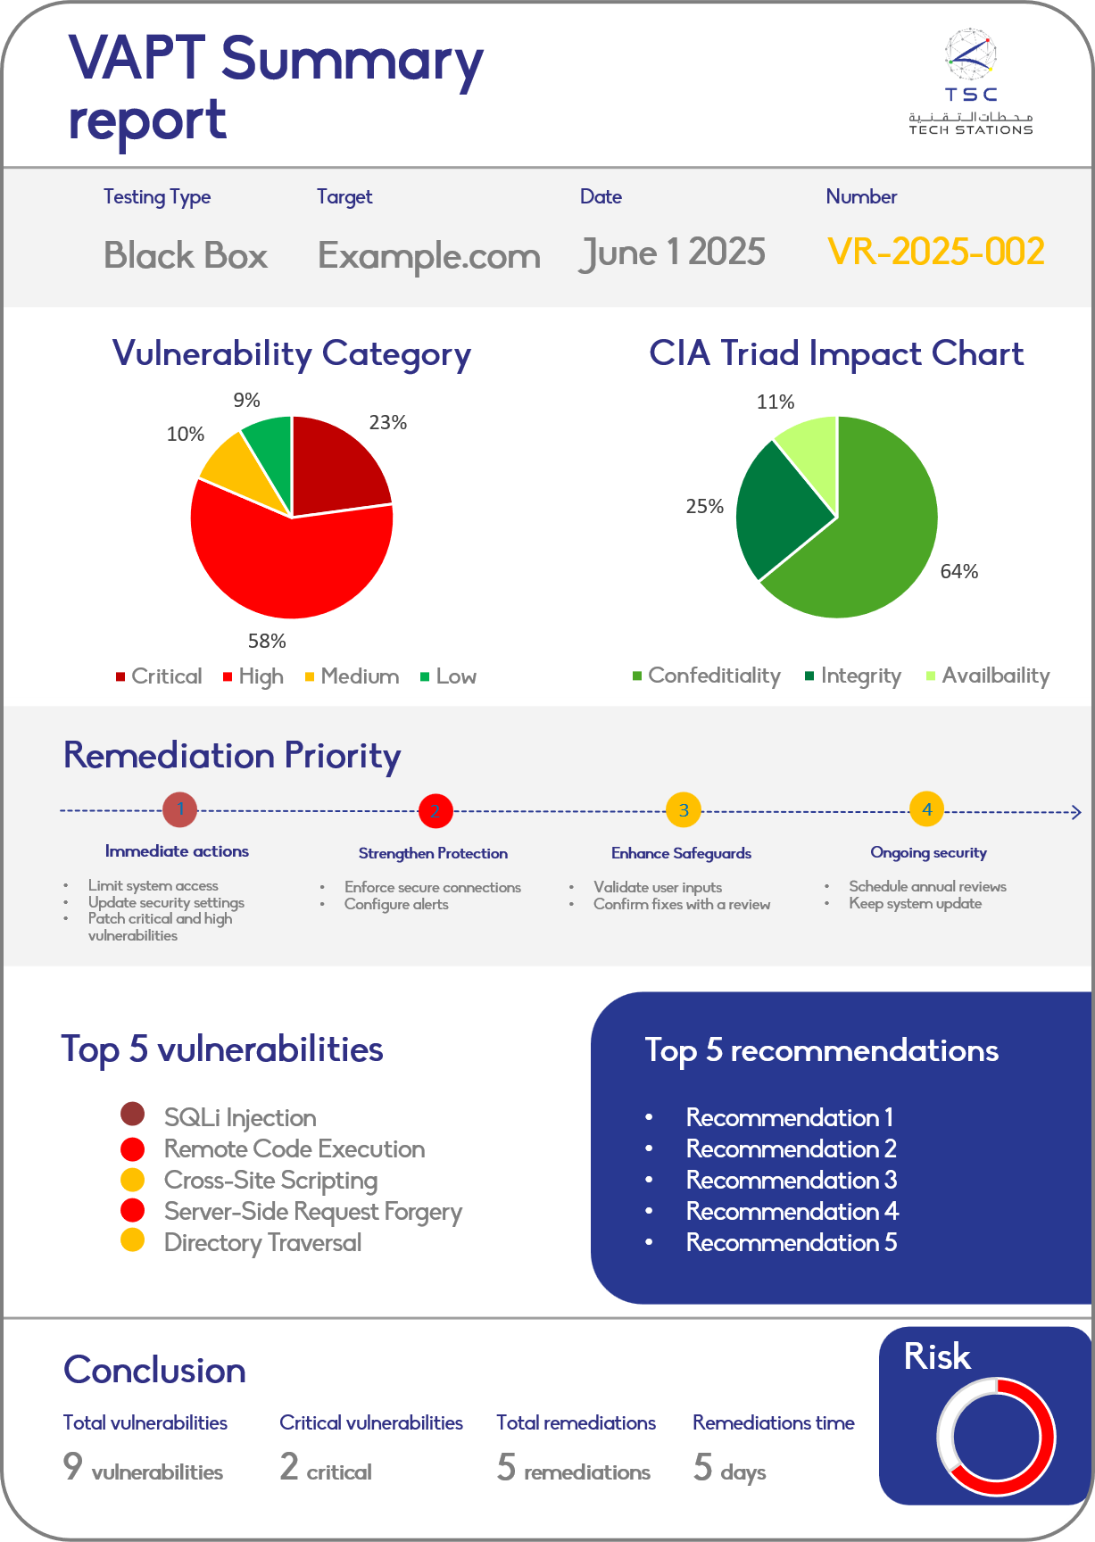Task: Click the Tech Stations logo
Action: tap(970, 82)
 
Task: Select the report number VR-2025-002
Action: tap(935, 253)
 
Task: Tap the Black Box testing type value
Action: tap(186, 256)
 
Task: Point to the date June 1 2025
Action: tap(672, 253)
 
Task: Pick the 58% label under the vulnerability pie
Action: tap(267, 641)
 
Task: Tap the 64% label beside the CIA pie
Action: tap(959, 571)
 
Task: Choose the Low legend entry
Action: tap(449, 676)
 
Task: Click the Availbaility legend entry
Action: tap(989, 676)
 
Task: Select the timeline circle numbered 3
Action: tap(684, 810)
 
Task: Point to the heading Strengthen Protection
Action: tap(433, 853)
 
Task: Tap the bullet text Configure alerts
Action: tap(396, 904)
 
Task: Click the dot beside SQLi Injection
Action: tap(132, 1114)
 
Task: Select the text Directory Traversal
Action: tap(262, 1242)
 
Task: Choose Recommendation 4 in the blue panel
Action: tap(792, 1211)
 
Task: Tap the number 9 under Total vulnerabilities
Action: tap(72, 1466)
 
